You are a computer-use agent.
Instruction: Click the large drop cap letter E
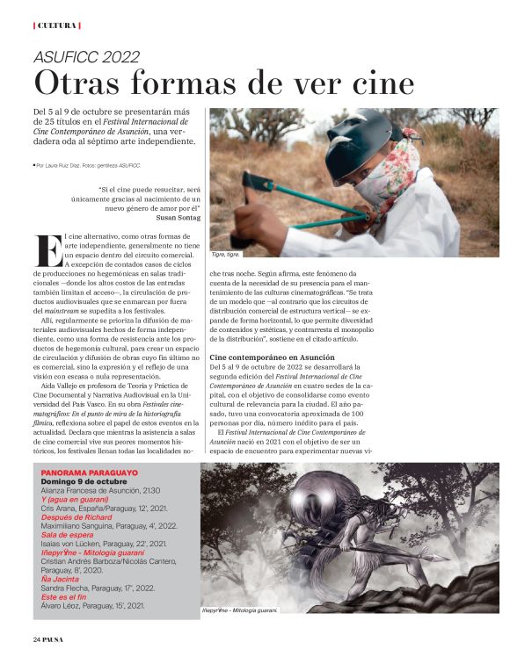point(47,249)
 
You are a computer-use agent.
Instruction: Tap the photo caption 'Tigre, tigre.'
point(227,254)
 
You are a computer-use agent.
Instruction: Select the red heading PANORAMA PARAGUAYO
point(89,473)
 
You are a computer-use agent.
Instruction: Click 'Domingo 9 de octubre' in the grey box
point(84,481)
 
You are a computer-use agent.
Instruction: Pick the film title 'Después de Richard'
point(77,517)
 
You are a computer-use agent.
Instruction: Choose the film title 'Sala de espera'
point(69,535)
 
